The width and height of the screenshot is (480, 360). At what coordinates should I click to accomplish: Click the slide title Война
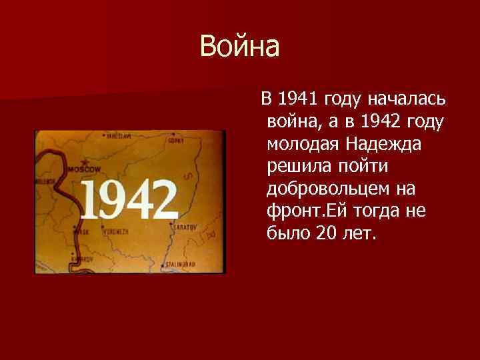pos(240,47)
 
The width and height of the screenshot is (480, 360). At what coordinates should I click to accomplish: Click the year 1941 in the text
pos(298,100)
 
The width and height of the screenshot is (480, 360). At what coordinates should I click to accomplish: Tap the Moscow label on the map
pos(85,169)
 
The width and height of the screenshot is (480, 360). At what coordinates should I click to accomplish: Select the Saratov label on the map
pos(183,227)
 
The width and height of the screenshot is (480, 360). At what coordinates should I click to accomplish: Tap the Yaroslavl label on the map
pos(117,135)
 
